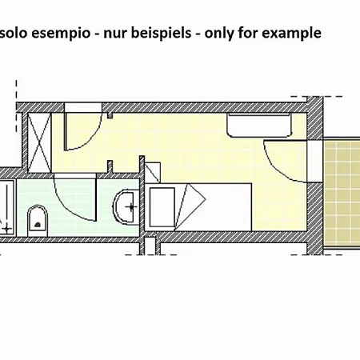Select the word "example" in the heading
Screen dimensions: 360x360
pos(291,34)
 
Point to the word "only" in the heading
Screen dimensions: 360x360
pos(219,34)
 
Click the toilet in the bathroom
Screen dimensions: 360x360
pos(38,221)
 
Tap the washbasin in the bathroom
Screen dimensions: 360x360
pos(126,206)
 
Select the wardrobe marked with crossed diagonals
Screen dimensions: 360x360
pos(39,142)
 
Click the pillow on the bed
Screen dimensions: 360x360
pos(162,207)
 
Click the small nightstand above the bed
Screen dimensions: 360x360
pos(153,173)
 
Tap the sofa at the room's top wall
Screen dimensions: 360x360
pos(258,125)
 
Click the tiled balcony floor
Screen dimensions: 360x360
pos(342,193)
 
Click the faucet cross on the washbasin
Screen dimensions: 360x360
pos(131,206)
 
